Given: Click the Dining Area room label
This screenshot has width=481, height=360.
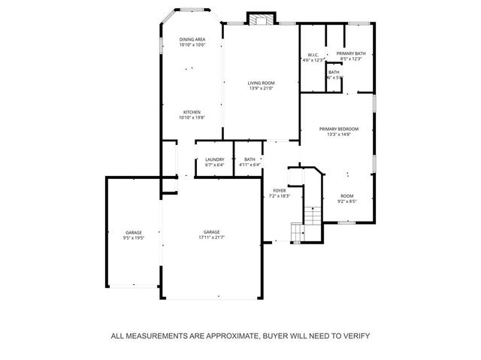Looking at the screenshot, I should tap(192, 39).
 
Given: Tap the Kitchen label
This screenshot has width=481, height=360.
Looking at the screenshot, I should tap(192, 112).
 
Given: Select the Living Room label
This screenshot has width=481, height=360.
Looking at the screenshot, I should tap(262, 83).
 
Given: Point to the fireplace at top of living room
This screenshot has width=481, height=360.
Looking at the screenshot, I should tap(262, 20).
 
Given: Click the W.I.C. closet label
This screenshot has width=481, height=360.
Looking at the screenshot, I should tap(313, 54).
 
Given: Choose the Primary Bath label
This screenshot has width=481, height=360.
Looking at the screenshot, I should tap(350, 54).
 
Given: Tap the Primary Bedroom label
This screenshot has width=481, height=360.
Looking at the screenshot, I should tap(339, 129).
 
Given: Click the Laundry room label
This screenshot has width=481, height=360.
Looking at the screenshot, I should tap(214, 159).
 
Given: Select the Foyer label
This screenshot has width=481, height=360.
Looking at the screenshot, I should tap(279, 191).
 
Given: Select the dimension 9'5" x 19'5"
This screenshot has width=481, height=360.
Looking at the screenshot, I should tap(133, 237).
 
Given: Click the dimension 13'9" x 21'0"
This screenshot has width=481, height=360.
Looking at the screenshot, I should tap(262, 89).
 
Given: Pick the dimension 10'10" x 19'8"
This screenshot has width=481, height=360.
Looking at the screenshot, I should tap(192, 118).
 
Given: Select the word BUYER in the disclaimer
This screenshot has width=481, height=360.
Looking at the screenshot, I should tap(271, 336).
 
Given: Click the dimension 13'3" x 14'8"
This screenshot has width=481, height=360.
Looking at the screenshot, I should tap(339, 135).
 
